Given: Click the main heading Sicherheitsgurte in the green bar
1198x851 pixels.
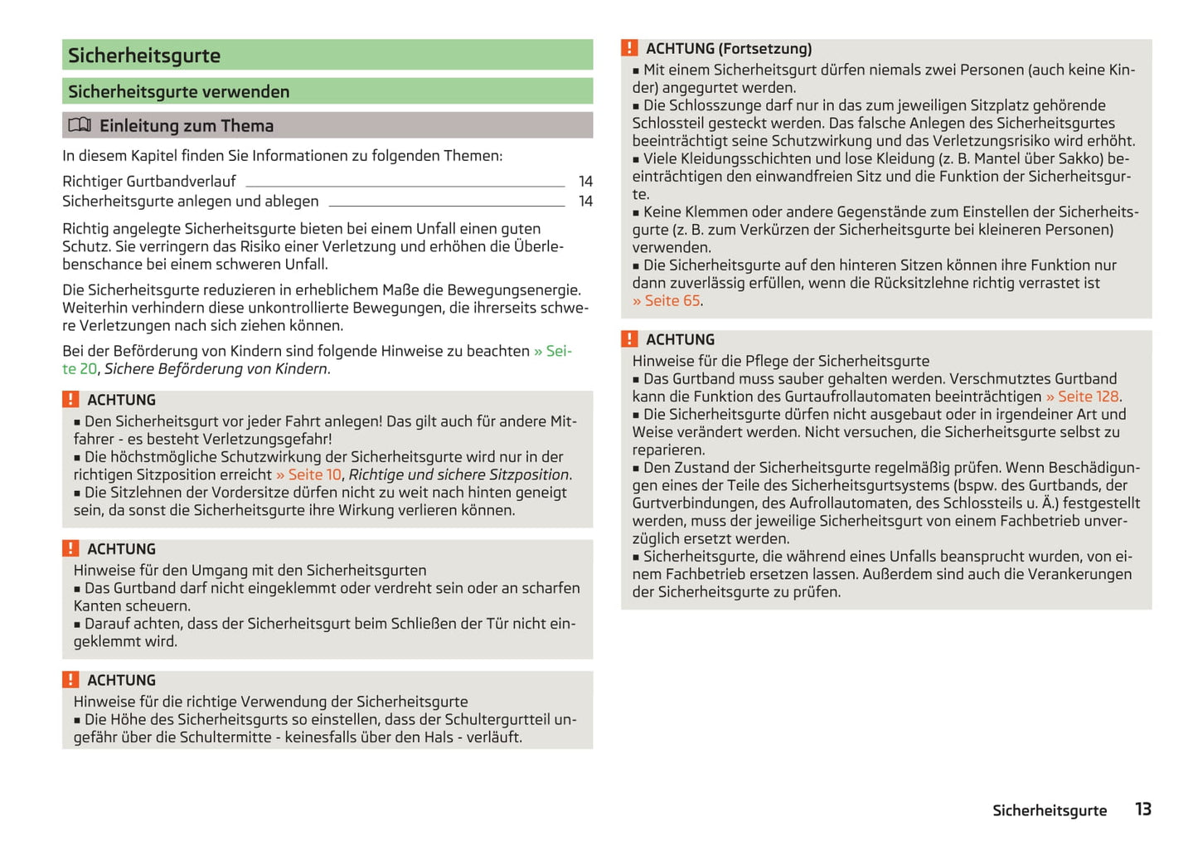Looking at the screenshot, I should pyautogui.click(x=144, y=56).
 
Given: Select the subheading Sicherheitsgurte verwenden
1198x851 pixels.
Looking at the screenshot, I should pyautogui.click(x=179, y=92).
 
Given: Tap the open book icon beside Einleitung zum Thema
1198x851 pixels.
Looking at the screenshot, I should pyautogui.click(x=80, y=125).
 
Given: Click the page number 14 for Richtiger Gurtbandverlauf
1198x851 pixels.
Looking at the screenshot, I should pyautogui.click(x=585, y=182).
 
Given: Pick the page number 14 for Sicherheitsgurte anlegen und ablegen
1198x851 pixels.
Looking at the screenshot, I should pyautogui.click(x=585, y=202).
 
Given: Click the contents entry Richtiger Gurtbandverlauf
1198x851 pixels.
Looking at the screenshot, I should pyautogui.click(x=149, y=182).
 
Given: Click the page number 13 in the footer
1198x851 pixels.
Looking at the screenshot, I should pyautogui.click(x=1143, y=810).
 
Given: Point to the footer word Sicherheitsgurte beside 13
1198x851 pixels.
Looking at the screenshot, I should pyautogui.click(x=1050, y=810).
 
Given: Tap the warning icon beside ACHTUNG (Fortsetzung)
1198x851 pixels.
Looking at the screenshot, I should pyautogui.click(x=630, y=48).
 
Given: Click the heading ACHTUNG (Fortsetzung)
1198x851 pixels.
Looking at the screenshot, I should pyautogui.click(x=729, y=49).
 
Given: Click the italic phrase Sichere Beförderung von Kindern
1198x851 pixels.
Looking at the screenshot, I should pyautogui.click(x=216, y=369).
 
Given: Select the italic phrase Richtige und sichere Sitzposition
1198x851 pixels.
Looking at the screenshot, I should pyautogui.click(x=458, y=474).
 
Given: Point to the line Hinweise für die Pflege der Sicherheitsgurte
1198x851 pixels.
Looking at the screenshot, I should pyautogui.click(x=781, y=361).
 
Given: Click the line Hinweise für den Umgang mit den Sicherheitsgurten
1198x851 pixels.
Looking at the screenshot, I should pyautogui.click(x=250, y=571).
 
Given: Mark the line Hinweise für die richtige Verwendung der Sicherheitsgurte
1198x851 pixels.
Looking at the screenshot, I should pyautogui.click(x=270, y=702).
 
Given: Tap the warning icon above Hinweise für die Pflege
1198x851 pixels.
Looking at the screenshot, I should pyautogui.click(x=630, y=339).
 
